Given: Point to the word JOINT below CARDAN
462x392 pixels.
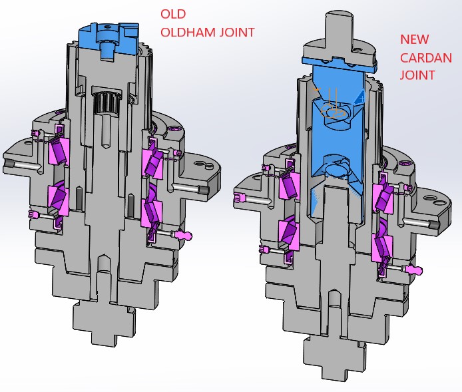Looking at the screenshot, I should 417,75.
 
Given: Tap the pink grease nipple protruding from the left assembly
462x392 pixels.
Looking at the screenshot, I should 184,234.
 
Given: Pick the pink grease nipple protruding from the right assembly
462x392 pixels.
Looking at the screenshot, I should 415,270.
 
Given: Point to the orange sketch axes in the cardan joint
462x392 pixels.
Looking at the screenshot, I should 330,106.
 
